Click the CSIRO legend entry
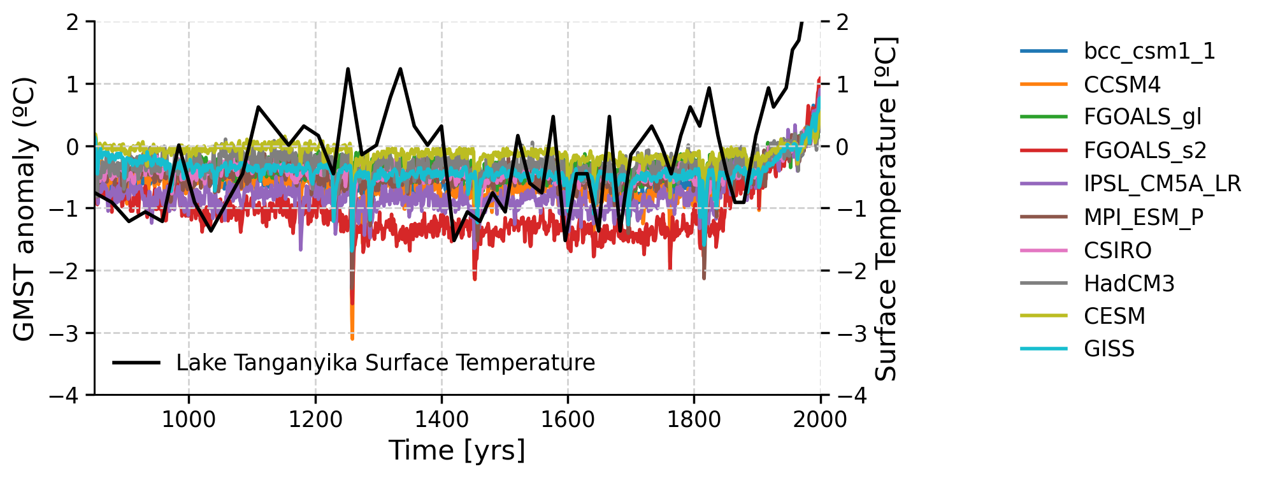[x=1117, y=250]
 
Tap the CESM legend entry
[x=1114, y=316]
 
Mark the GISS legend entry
[x=1109, y=349]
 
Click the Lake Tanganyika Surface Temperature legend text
[x=385, y=363]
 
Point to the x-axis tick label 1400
[x=441, y=419]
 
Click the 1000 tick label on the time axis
[x=189, y=419]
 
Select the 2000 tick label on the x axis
[x=820, y=419]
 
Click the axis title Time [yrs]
[x=457, y=450]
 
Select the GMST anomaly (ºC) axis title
[x=24, y=209]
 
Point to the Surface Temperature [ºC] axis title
[x=886, y=209]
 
